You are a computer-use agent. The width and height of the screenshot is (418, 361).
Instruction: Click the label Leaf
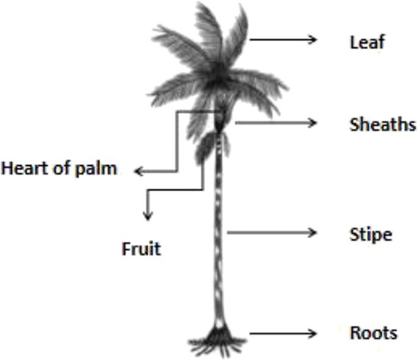(367, 42)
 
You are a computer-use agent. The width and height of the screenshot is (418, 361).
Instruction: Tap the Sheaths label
(383, 125)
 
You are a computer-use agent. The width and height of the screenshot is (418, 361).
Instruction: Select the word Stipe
(370, 234)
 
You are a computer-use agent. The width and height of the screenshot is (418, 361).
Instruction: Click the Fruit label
(142, 249)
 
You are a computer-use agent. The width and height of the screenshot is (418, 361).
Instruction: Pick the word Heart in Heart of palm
(26, 168)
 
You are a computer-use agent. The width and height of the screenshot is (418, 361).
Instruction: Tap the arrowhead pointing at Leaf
(314, 40)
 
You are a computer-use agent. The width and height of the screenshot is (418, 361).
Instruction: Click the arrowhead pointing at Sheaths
(314, 123)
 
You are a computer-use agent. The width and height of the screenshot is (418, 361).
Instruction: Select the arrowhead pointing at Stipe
(314, 232)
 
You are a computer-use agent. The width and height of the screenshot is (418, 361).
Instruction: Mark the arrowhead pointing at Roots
(314, 334)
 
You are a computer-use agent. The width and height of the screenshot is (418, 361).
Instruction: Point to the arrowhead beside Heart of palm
(137, 172)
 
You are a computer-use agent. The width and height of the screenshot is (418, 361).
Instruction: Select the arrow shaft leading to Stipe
(268, 232)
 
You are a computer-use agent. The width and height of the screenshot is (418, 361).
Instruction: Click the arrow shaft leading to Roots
(281, 334)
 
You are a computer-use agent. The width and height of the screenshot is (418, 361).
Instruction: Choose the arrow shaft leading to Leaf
(281, 40)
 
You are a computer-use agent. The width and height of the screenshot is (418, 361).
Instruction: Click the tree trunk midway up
(219, 232)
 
